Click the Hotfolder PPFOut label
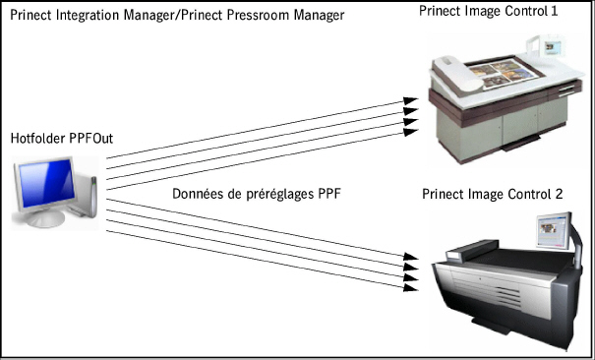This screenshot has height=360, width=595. [x=61, y=138]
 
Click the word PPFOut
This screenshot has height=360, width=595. [x=93, y=138]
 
